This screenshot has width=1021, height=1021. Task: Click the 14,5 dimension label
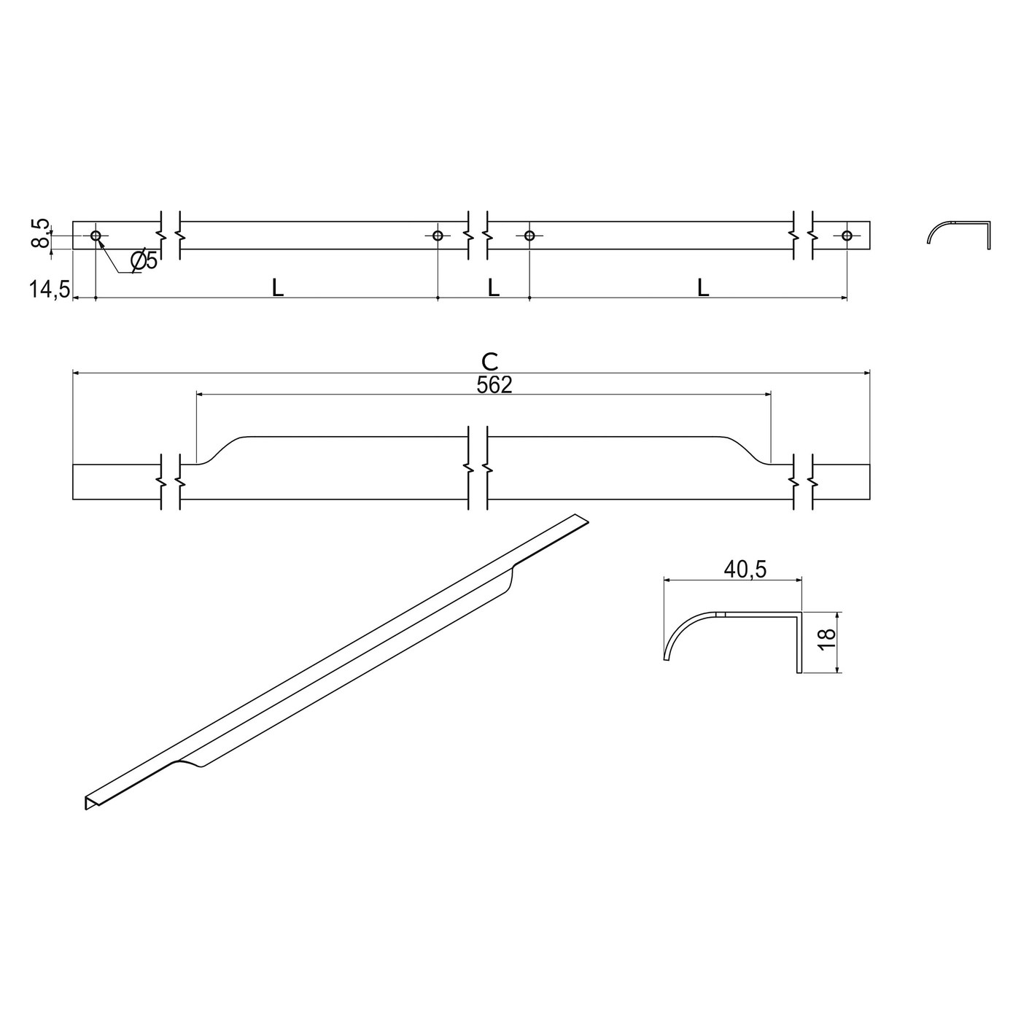click(x=49, y=290)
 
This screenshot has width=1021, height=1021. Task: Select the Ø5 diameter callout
click(x=144, y=260)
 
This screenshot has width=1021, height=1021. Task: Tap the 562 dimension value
click(x=494, y=385)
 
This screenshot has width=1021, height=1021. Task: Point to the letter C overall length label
click(x=490, y=361)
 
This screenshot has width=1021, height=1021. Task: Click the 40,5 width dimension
click(x=745, y=570)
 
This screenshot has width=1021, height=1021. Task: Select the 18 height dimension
click(x=826, y=641)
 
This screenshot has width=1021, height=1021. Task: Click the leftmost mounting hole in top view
click(x=96, y=236)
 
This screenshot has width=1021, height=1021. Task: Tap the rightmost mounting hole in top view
click(x=847, y=236)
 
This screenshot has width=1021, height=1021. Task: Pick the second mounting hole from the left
click(x=438, y=236)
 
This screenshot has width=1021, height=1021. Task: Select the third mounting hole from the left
click(x=529, y=236)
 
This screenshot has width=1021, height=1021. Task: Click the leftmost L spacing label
click(x=277, y=288)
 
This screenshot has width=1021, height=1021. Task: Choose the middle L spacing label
click(x=494, y=288)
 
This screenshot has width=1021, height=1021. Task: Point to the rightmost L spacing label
click(x=702, y=288)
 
